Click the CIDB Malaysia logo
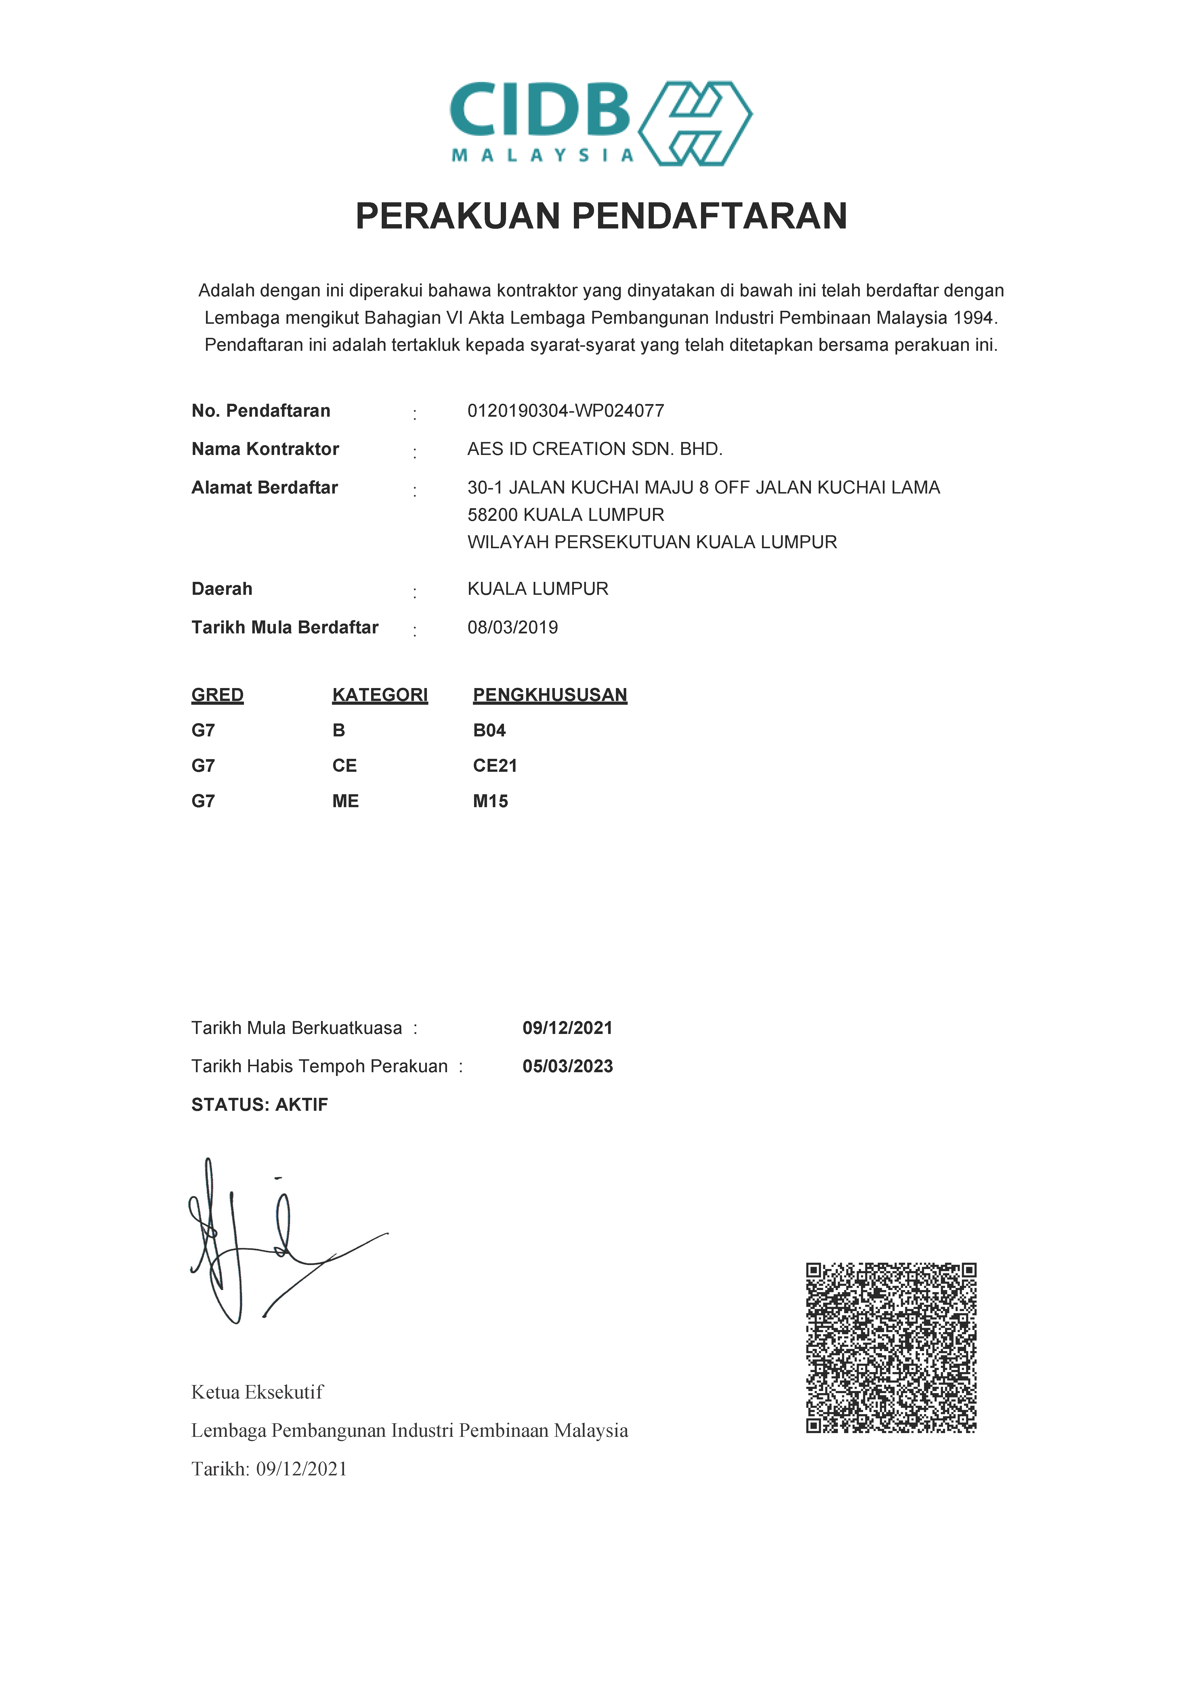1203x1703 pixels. coord(601,123)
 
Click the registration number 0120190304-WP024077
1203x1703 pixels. coord(565,411)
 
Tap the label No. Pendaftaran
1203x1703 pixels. coord(260,411)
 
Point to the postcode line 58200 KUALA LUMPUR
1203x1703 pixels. coord(565,515)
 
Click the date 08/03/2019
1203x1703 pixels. coord(513,628)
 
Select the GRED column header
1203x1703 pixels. coord(217,695)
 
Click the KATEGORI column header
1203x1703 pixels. coord(380,695)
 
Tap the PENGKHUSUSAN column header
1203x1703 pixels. coord(550,695)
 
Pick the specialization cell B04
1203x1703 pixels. coord(490,731)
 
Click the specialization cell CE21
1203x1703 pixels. coord(495,765)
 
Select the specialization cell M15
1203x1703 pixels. coord(490,801)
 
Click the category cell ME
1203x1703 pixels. coord(345,801)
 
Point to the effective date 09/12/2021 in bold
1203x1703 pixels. coord(567,1028)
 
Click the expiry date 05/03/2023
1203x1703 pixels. coord(567,1066)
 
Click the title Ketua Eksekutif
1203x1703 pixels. coord(257,1392)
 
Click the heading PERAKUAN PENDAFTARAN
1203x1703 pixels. coord(601,217)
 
